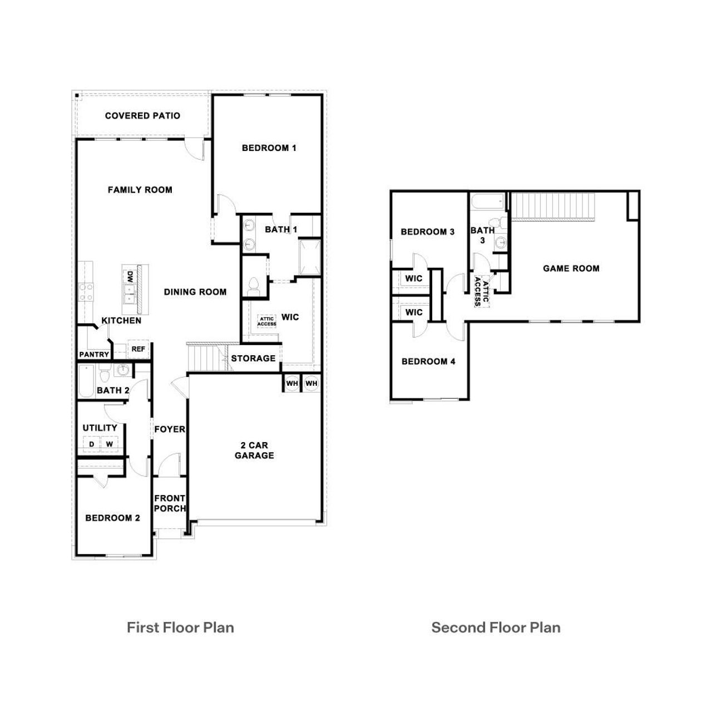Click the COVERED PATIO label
point(142,116)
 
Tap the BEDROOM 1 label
point(269,148)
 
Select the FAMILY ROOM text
point(140,190)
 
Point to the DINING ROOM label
point(195,292)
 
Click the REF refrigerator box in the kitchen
point(138,349)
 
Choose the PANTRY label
point(93,355)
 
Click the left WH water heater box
point(291,384)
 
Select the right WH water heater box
point(311,384)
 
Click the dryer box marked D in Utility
point(91,444)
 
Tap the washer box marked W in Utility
point(110,444)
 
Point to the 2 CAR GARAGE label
point(254,450)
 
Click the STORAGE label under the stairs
point(253,358)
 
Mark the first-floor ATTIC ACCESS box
point(266,322)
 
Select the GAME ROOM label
point(571,268)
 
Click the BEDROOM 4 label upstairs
point(428,361)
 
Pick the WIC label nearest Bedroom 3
point(413,278)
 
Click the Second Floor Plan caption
point(496,627)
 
